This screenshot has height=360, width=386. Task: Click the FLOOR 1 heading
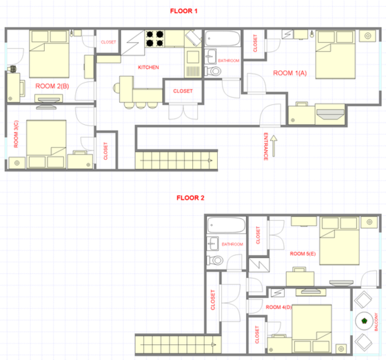coord(183,11)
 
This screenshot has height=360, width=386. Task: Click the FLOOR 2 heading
coord(190,198)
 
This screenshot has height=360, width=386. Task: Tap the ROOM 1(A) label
coord(290,73)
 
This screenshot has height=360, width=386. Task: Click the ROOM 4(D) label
coord(278,306)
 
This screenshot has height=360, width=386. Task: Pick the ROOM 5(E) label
coord(302,254)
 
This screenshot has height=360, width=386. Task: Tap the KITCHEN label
coord(148,67)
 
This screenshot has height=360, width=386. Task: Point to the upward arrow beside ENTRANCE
coord(274,146)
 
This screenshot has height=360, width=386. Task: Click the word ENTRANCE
coord(266,146)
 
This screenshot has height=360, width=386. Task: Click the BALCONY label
coord(376,320)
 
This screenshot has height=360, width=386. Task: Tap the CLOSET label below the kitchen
coord(183,91)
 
